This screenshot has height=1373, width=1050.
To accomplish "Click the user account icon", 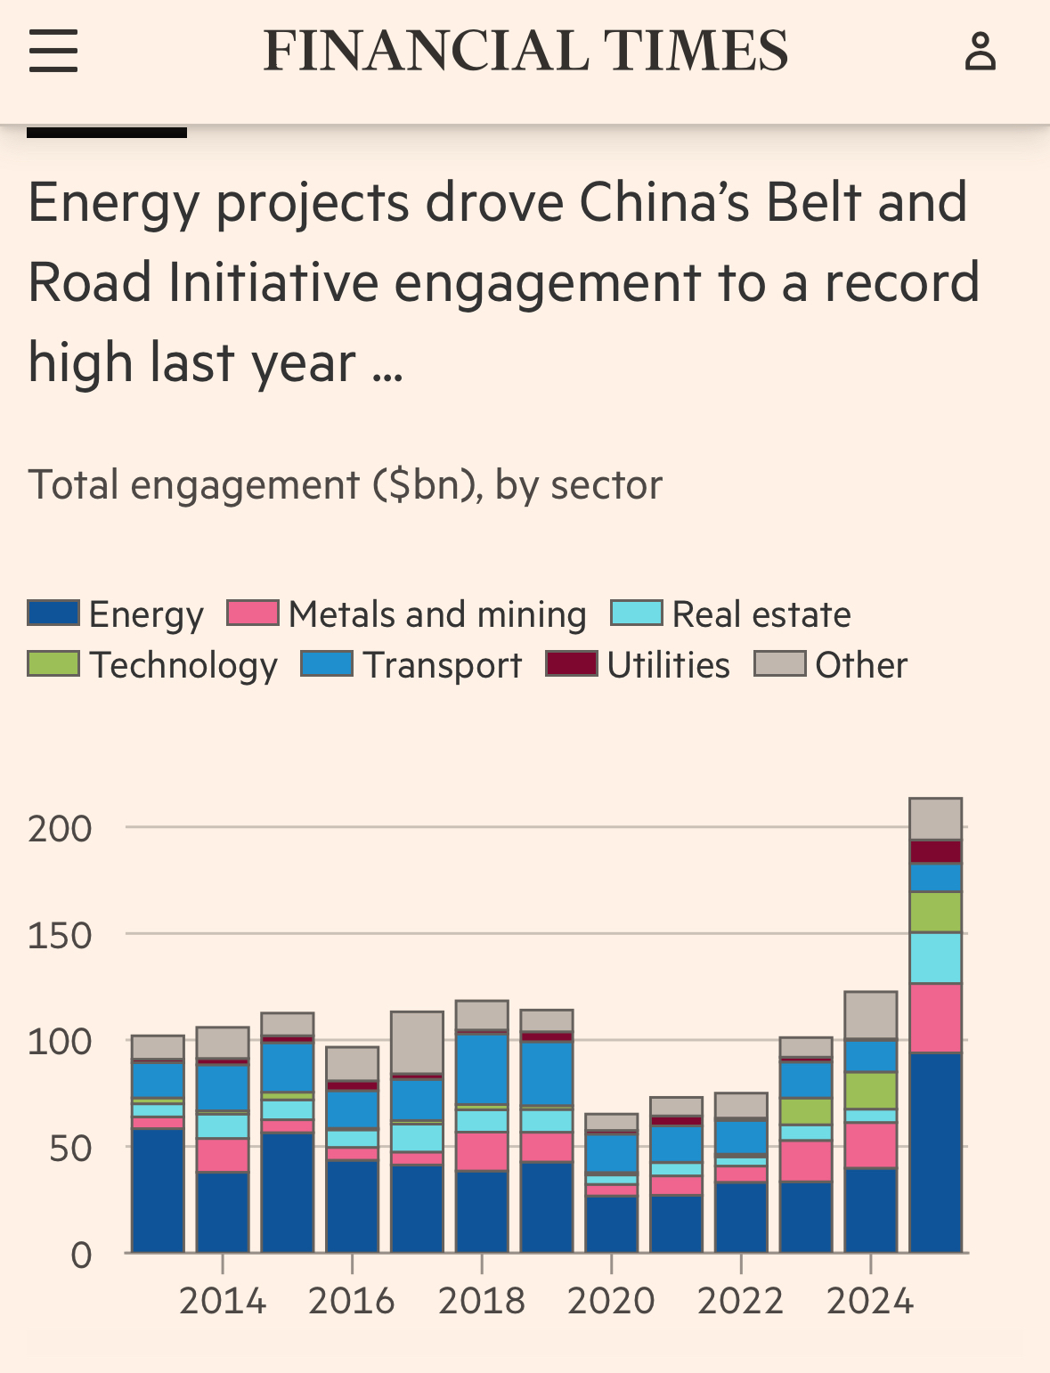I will [980, 51].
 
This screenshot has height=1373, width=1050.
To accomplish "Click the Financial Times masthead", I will [525, 50].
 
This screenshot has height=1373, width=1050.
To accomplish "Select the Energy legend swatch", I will [53, 613].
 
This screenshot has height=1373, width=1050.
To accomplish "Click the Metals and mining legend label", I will [437, 614].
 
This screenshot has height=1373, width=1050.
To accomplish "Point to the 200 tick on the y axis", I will [60, 829].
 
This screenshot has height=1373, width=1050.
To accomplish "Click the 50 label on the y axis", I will [70, 1149].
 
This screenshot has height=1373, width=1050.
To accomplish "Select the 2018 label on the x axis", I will [482, 1301].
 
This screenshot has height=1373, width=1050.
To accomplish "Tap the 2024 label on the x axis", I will [870, 1301].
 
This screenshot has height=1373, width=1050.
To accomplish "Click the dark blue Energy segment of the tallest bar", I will [935, 1153].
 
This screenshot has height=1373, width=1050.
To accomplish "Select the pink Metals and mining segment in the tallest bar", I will [935, 1018].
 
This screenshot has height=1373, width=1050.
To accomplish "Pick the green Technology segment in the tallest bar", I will [935, 912].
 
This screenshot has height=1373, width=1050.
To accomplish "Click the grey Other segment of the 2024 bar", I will [870, 1015].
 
